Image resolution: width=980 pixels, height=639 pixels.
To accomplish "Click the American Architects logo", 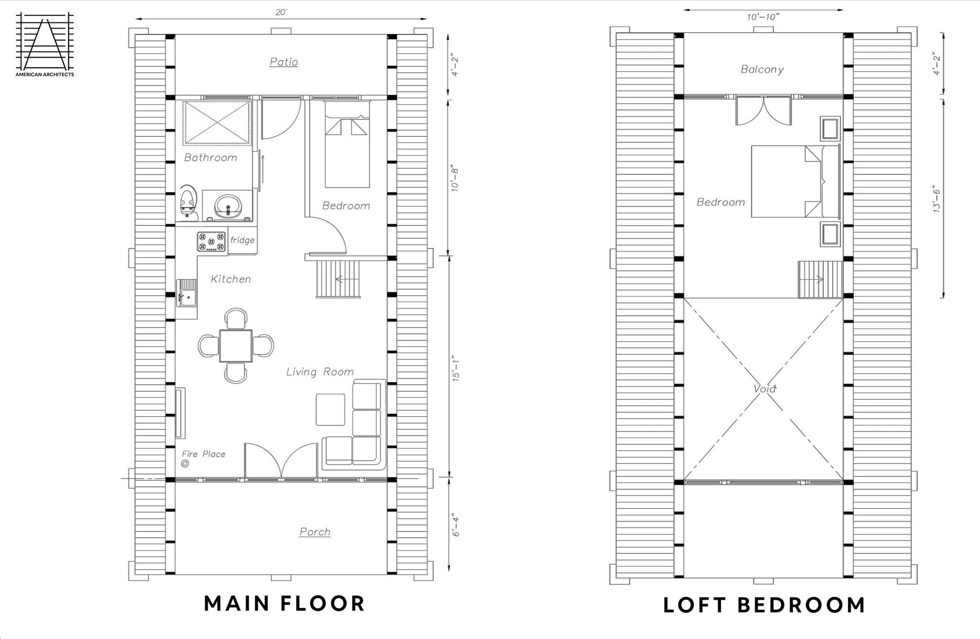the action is pyautogui.click(x=45, y=44).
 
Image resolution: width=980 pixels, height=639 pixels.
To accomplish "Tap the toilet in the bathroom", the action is pyautogui.click(x=189, y=203).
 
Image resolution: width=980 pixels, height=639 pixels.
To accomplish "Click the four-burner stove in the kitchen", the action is pyautogui.click(x=212, y=242).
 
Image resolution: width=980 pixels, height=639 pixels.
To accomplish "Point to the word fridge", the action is pyautogui.click(x=242, y=240).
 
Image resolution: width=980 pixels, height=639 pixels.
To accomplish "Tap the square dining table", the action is pyautogui.click(x=236, y=345).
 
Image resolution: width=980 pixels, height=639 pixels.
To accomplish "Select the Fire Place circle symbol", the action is pyautogui.click(x=185, y=463).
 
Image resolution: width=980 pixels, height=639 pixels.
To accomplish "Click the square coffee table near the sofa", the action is pyautogui.click(x=330, y=409).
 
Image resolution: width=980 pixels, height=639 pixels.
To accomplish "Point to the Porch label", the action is pyautogui.click(x=315, y=532).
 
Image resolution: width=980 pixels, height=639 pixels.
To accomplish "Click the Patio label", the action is pyautogui.click(x=284, y=62).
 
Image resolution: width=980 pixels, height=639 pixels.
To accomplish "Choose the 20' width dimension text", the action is pyautogui.click(x=281, y=12).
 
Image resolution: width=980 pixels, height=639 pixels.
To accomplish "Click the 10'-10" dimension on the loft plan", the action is pyautogui.click(x=763, y=17).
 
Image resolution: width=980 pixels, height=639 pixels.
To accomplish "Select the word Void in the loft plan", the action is pyautogui.click(x=764, y=389).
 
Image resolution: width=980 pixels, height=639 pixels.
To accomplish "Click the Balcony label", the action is pyautogui.click(x=762, y=69).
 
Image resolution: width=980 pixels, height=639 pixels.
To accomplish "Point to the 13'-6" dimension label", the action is pyautogui.click(x=936, y=198).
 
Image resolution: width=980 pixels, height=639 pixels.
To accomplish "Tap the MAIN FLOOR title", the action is pyautogui.click(x=285, y=604).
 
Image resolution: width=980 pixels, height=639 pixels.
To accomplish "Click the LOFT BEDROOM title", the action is pyautogui.click(x=764, y=605).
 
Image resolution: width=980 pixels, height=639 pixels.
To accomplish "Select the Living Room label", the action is pyautogui.click(x=320, y=372).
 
